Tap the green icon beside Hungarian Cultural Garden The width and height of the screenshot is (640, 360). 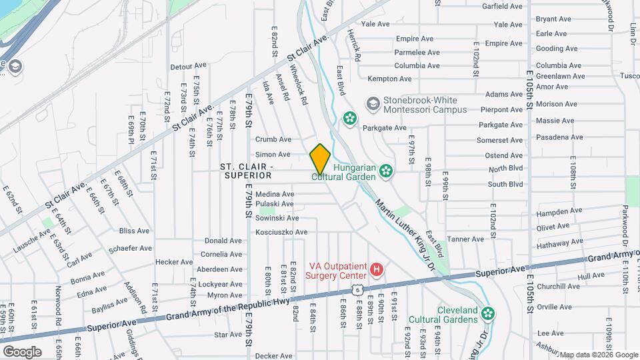(x=385, y=172)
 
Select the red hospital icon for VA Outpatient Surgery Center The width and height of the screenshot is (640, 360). (x=377, y=270)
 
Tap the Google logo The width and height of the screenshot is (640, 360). (x=22, y=351)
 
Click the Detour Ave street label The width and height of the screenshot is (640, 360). (x=189, y=66)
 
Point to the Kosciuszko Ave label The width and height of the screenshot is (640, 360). (x=281, y=232)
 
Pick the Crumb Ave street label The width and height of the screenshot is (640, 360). (x=273, y=139)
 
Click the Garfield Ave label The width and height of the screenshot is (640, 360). (x=504, y=6)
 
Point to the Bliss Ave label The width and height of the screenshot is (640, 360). (x=134, y=231)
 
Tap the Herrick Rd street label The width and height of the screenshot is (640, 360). (x=357, y=49)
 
